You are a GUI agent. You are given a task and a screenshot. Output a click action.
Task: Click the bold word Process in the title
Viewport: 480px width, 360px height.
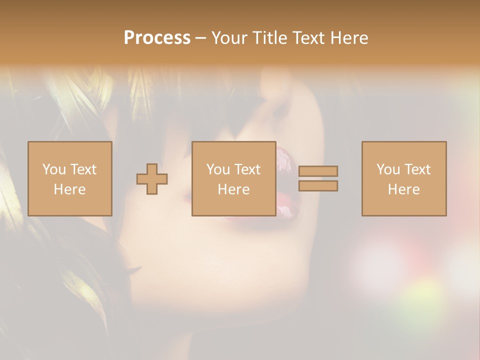[157, 38]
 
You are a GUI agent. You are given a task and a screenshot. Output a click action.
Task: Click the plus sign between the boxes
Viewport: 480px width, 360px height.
[152, 178]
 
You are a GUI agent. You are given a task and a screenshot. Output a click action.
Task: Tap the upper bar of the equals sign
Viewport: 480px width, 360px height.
[318, 171]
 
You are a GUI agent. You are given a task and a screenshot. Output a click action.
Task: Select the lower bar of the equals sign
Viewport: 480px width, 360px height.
[318, 185]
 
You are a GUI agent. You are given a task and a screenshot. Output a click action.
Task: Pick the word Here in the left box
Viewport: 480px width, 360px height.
[69, 189]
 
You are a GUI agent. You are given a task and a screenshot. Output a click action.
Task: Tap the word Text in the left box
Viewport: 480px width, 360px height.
[82, 169]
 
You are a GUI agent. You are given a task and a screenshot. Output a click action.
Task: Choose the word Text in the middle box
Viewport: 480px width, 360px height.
[247, 169]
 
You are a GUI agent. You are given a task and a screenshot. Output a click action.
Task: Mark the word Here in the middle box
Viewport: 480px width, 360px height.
[233, 189]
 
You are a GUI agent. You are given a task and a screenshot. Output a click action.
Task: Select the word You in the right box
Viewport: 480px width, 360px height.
[388, 169]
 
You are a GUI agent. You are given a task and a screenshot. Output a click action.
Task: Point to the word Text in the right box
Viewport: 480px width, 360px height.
[417, 169]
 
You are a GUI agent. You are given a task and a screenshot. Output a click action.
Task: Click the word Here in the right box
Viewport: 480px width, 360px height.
[403, 189]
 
